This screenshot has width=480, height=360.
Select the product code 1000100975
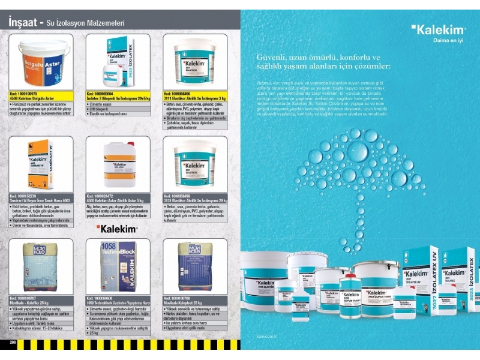[27, 94]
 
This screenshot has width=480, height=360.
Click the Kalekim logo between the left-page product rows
[118, 229]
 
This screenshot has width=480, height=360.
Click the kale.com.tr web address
[265, 337]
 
